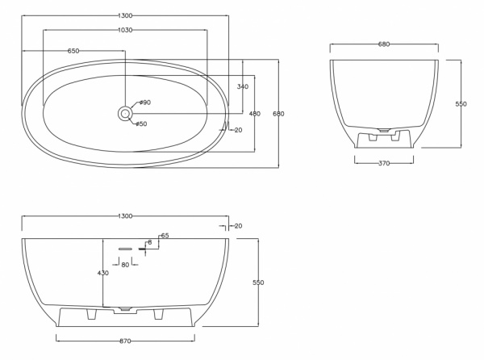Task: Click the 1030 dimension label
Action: pos(125,30)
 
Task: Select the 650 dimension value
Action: pos(73,51)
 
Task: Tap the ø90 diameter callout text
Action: pos(144,103)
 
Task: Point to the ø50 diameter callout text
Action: pos(141,123)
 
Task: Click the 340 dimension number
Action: pos(243,86)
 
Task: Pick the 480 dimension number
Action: pos(255,114)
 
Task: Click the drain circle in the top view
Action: pos(125,114)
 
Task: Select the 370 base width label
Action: pos(384,163)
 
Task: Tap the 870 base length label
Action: pos(125,341)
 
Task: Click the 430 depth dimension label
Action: pos(102,273)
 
